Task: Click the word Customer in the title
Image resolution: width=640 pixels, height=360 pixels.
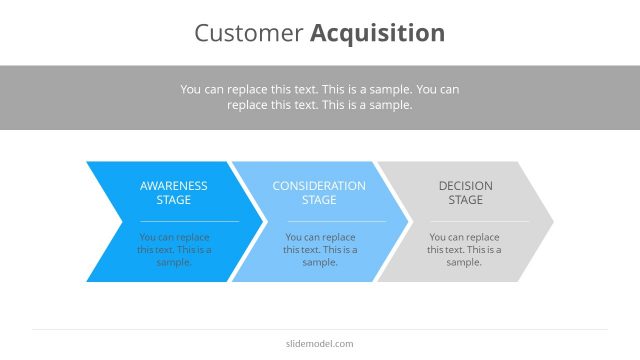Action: (x=249, y=33)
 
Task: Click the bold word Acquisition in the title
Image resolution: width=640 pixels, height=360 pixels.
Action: (x=377, y=33)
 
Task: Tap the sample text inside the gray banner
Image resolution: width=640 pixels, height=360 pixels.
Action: (x=320, y=96)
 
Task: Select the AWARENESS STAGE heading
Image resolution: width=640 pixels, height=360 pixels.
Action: (x=174, y=193)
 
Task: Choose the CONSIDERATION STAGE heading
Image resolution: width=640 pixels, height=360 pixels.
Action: (x=319, y=193)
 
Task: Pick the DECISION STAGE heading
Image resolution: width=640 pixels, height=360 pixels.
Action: (x=465, y=193)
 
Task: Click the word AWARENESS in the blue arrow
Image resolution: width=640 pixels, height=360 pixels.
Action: (x=174, y=186)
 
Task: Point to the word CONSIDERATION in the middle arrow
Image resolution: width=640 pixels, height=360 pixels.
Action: (x=319, y=186)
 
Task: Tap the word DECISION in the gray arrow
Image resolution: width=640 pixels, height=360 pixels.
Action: (x=465, y=186)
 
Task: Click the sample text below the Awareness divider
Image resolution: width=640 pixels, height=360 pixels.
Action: (x=174, y=250)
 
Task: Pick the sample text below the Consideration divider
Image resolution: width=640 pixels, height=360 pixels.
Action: (x=319, y=250)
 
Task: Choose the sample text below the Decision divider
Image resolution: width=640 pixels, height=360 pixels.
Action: (x=465, y=250)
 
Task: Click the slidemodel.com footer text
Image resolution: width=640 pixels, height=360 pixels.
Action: (x=320, y=344)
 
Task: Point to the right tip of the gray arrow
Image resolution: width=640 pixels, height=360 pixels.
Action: (x=551, y=221)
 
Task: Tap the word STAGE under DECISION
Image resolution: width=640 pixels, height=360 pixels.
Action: (x=465, y=200)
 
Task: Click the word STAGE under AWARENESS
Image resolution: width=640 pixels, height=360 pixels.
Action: (x=174, y=200)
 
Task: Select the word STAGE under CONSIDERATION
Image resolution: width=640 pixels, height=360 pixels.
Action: (x=319, y=200)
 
